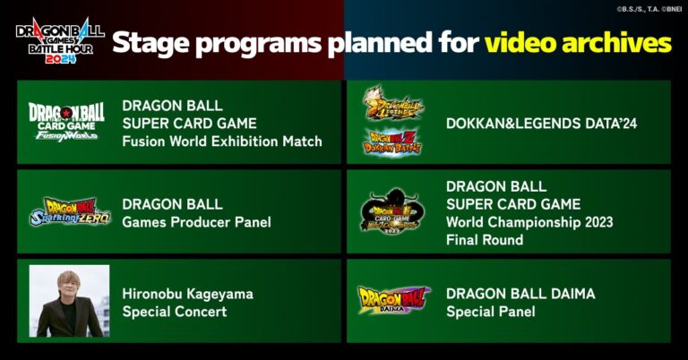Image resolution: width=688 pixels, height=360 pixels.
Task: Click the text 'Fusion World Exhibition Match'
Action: [221, 141]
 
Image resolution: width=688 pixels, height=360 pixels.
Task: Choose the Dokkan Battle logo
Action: [392, 141]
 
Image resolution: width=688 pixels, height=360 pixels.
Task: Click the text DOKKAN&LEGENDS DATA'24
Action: [541, 124]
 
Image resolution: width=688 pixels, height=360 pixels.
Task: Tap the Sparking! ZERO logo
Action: [67, 212]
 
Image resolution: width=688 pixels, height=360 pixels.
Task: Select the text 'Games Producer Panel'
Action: [196, 222]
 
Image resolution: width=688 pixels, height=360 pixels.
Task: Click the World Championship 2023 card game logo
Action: [392, 211]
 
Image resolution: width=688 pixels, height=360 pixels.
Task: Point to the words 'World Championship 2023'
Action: [529, 222]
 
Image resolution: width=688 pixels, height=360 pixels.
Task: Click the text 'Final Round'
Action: [485, 240]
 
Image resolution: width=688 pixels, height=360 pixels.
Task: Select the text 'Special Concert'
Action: [175, 312]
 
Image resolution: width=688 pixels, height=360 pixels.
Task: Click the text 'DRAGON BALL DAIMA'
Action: [520, 294]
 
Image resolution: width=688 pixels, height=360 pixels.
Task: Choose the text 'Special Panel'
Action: [490, 312]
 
